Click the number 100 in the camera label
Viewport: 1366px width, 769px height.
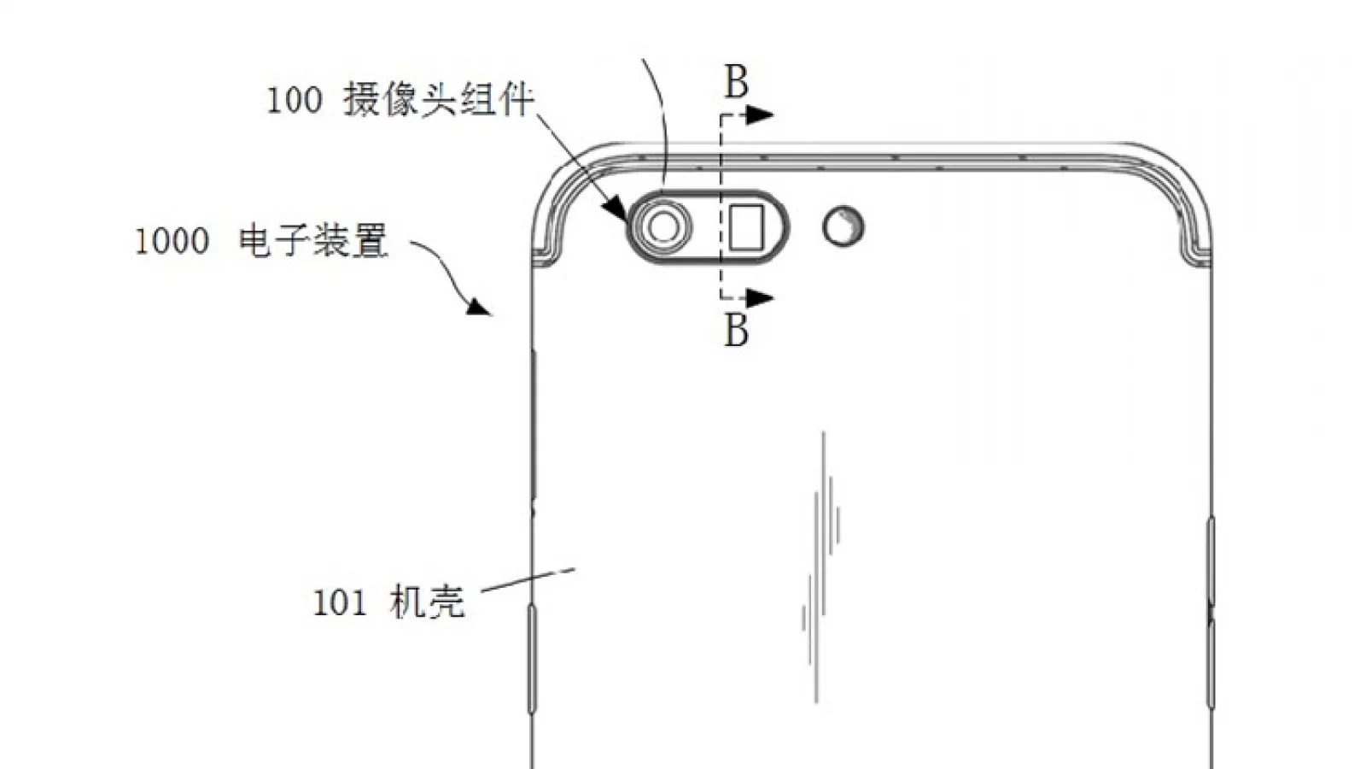point(295,100)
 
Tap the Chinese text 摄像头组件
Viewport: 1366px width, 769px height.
point(439,99)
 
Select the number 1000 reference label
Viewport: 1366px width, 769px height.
point(172,241)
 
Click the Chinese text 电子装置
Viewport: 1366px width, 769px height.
point(313,241)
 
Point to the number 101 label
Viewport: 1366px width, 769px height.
point(340,602)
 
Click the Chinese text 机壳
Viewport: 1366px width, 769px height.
point(427,602)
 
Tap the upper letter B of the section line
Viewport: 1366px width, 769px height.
point(736,82)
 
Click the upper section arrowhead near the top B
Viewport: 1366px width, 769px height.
point(760,114)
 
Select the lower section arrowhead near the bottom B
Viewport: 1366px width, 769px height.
point(760,298)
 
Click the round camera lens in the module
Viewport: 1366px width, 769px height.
point(663,227)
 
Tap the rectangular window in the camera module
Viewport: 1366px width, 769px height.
point(746,227)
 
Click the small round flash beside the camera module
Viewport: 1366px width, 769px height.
point(844,226)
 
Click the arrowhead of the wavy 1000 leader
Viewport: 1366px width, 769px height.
point(479,306)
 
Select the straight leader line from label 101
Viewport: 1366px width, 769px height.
point(528,580)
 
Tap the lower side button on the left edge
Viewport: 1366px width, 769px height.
point(532,658)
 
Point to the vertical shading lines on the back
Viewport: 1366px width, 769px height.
point(821,567)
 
